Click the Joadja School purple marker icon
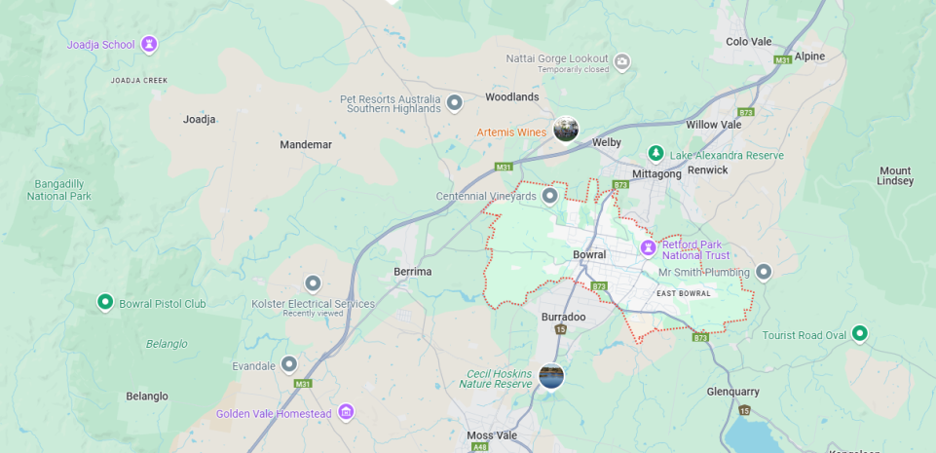pyautogui.click(x=149, y=44)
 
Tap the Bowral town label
pyautogui.click(x=589, y=255)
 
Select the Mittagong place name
pyautogui.click(x=656, y=174)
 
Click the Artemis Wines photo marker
pyautogui.click(x=566, y=129)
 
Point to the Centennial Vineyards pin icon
pyautogui.click(x=550, y=196)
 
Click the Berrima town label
pyautogui.click(x=412, y=272)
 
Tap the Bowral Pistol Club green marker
pyautogui.click(x=105, y=303)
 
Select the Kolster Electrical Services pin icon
pyautogui.click(x=313, y=283)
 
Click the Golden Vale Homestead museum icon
pyautogui.click(x=346, y=413)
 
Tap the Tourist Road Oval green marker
pyautogui.click(x=859, y=334)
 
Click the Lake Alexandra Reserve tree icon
pyautogui.click(x=656, y=154)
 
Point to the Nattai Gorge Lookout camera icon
pyautogui.click(x=622, y=62)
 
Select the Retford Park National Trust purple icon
pyautogui.click(x=648, y=249)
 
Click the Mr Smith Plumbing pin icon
pyautogui.click(x=764, y=272)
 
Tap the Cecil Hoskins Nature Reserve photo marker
pyautogui.click(x=551, y=376)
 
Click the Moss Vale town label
pyautogui.click(x=492, y=435)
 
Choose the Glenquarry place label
pyautogui.click(x=732, y=392)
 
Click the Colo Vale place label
pyautogui.click(x=749, y=41)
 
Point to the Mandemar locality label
pyautogui.click(x=306, y=144)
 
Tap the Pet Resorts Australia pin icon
pyautogui.click(x=454, y=101)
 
